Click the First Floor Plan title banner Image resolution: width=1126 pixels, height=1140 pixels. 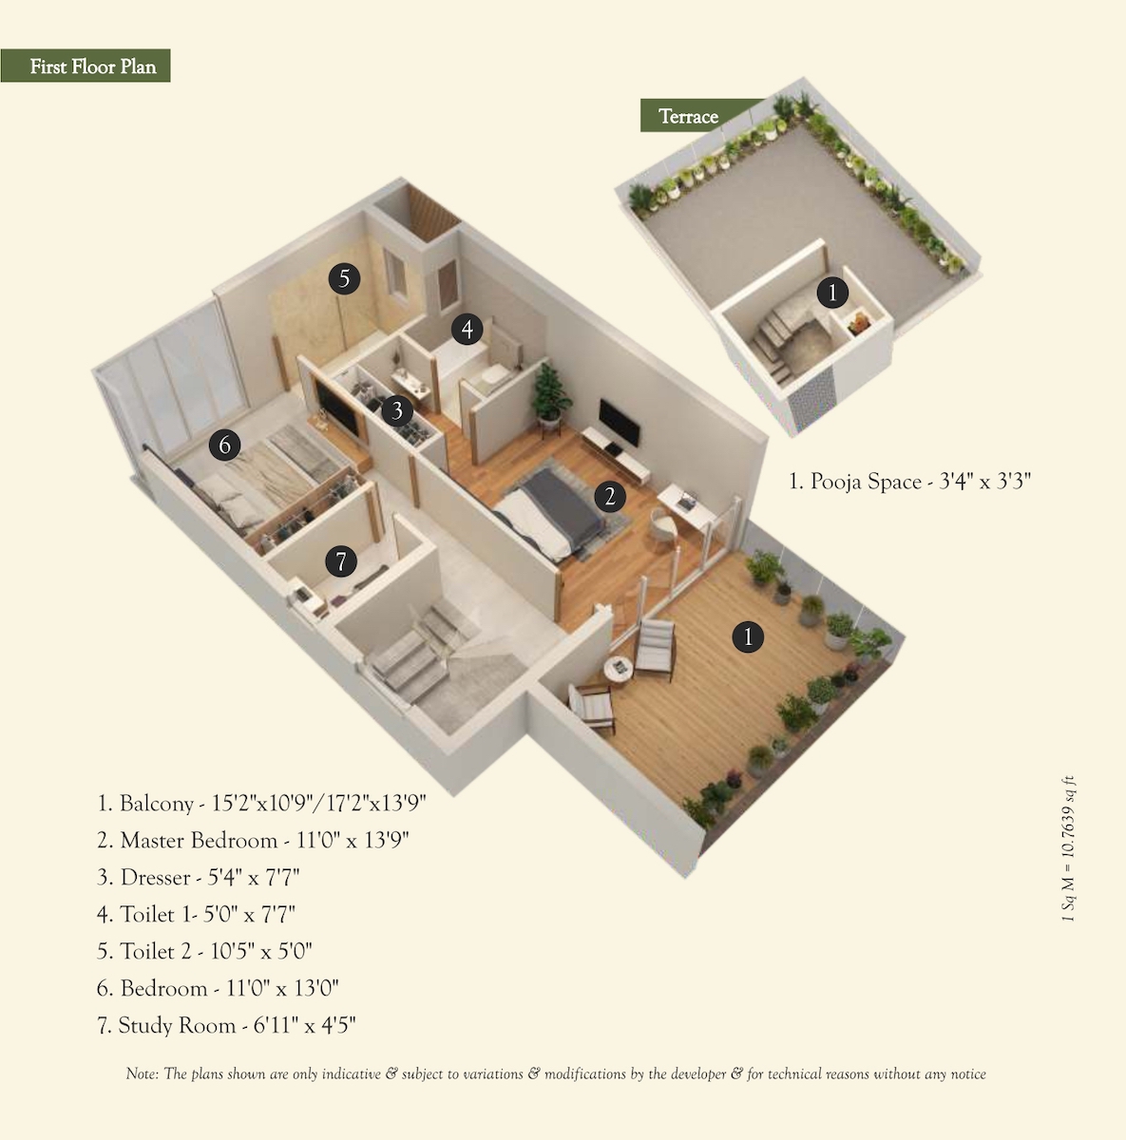coord(86,66)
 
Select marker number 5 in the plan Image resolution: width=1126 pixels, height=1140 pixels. coord(345,278)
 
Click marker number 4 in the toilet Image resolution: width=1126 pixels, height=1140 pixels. coord(468,329)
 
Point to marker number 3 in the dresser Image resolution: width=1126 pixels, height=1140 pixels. coord(396,410)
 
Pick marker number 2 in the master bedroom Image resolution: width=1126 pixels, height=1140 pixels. coord(610,496)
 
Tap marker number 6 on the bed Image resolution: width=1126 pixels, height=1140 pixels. coord(224,445)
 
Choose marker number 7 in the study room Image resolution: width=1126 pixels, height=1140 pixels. coord(341,560)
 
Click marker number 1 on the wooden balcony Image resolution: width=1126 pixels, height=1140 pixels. coord(748,637)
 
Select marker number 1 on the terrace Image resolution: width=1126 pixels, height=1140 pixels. coord(832,293)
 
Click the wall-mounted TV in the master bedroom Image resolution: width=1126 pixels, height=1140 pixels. coord(620,423)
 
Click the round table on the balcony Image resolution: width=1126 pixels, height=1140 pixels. coord(619,669)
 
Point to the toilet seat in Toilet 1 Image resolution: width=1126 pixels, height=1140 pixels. coord(495,376)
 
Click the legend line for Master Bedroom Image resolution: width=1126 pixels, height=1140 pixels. coord(253,840)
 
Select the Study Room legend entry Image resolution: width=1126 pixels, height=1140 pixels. coord(226,1025)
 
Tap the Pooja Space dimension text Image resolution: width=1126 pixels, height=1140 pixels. coord(910,481)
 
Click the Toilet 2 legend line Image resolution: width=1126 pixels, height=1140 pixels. coord(204,951)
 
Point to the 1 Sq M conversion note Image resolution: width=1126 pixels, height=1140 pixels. coord(1068,848)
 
